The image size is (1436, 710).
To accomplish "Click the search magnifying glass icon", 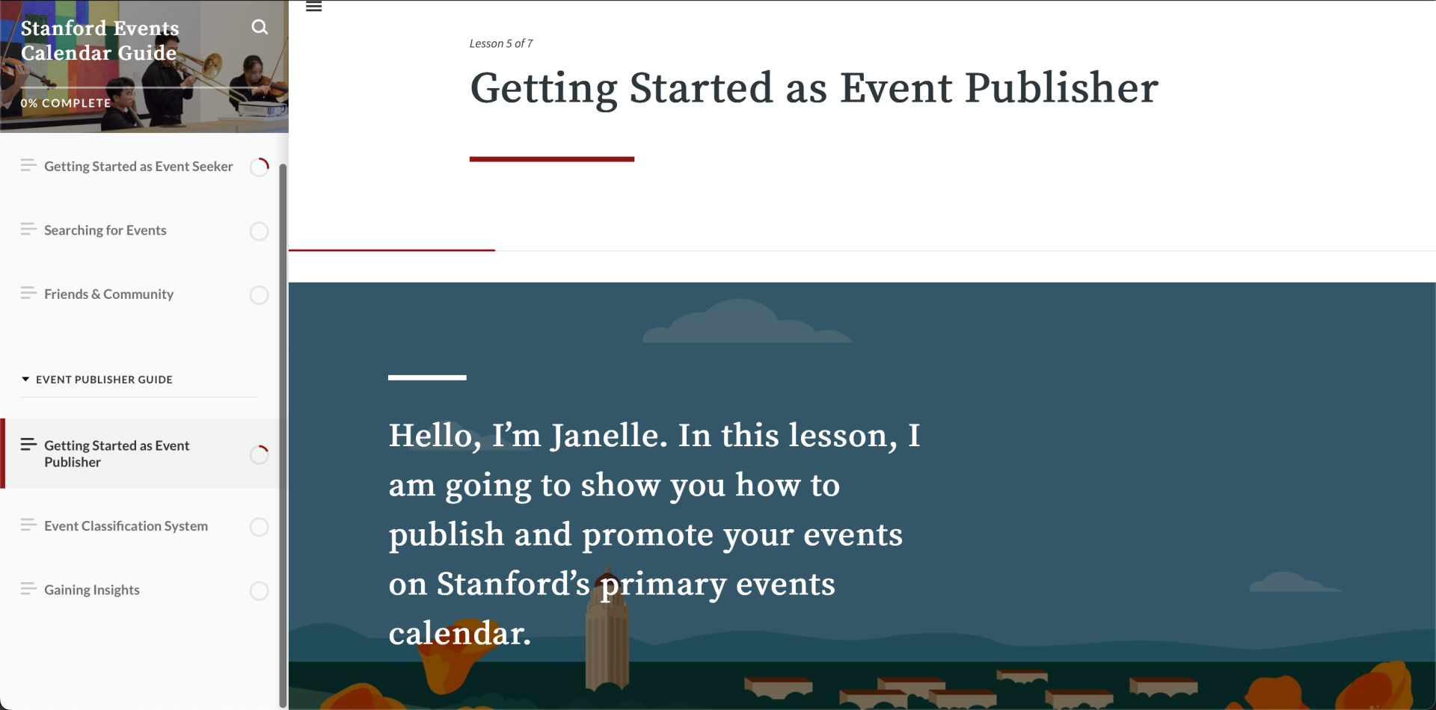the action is [260, 28].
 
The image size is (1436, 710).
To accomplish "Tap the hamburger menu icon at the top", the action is [314, 7].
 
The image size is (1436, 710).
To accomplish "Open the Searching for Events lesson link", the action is [105, 230].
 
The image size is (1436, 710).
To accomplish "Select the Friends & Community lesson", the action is [108, 294].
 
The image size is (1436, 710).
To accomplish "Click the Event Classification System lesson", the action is [126, 526].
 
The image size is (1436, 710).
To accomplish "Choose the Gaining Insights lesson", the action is [92, 590].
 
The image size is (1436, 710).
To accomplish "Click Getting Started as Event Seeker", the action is [138, 167].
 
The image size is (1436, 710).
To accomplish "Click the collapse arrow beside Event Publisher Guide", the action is [25, 380].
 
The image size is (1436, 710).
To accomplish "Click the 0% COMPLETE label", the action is [66, 103].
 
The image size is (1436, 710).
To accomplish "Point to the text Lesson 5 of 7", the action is [501, 43].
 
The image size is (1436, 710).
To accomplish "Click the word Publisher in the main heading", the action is [1061, 88].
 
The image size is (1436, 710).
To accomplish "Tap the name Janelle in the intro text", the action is [608, 436].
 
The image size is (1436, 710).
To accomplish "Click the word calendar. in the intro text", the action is [459, 633].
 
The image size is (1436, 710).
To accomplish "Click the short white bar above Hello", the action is [427, 377].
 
